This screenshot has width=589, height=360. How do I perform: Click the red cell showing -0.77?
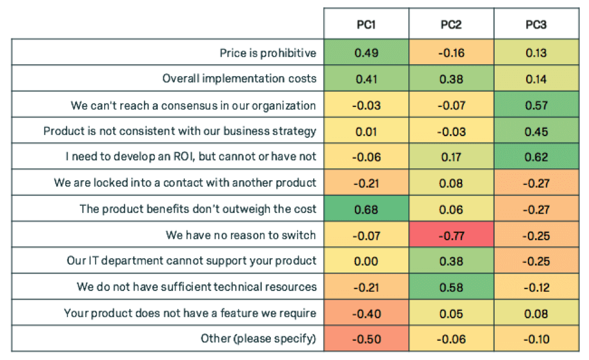(x=452, y=235)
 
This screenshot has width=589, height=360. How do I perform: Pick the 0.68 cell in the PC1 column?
(x=366, y=209)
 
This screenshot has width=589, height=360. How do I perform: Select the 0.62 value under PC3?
(x=537, y=157)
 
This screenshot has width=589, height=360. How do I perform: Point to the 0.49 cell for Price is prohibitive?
(x=366, y=53)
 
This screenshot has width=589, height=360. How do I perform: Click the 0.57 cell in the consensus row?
(x=537, y=105)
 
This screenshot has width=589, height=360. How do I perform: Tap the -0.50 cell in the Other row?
(x=366, y=339)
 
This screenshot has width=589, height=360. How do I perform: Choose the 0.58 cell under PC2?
(x=452, y=287)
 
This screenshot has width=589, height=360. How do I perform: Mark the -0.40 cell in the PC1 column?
(x=366, y=313)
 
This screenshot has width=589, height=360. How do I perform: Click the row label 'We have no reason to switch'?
(x=241, y=235)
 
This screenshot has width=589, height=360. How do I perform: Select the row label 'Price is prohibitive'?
(x=267, y=53)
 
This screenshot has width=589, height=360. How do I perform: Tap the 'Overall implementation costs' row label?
(x=239, y=79)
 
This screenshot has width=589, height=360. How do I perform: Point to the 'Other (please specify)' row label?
(x=258, y=339)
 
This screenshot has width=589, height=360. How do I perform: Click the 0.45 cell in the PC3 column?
(x=537, y=131)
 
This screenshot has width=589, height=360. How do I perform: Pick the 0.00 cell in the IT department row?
(x=366, y=261)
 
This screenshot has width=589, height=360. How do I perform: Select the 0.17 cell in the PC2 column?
(x=452, y=157)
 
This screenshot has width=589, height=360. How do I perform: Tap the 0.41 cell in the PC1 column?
(x=366, y=79)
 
